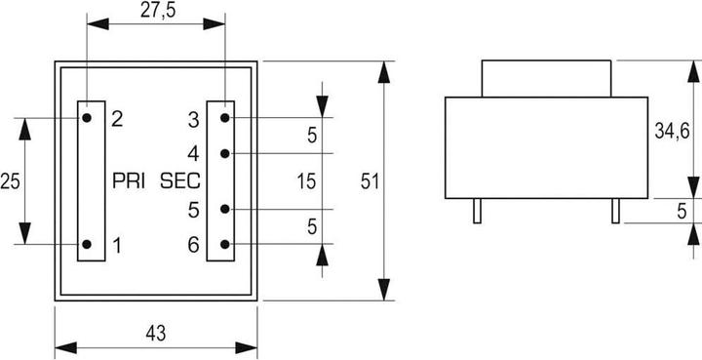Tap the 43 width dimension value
pos(155,333)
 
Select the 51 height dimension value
pos(370,180)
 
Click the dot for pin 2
pos(88,118)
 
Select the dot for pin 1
pos(88,244)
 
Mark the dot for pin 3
pos(225,118)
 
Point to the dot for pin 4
pos(225,153)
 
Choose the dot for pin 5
pos(225,209)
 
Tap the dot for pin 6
pos(225,244)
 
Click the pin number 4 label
pos(193,153)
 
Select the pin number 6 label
pos(193,244)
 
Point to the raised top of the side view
pos(547,79)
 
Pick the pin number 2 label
pos(117,119)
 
